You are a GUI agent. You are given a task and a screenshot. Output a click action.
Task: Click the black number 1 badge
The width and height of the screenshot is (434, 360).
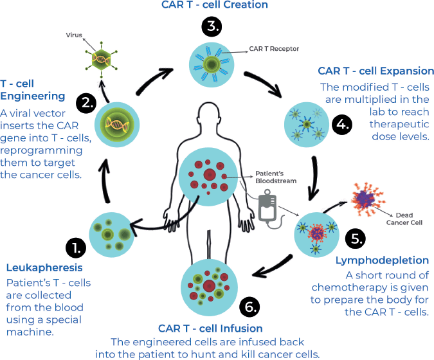[x=75, y=248]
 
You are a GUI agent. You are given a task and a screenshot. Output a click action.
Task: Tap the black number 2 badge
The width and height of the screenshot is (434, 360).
[x=85, y=103]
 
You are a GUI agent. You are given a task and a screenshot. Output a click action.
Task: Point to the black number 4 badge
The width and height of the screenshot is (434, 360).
[x=343, y=124]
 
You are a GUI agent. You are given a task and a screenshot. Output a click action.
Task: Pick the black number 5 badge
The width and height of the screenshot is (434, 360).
[x=356, y=239]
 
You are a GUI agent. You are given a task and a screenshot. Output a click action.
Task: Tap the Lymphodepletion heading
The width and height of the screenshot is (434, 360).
[x=382, y=260]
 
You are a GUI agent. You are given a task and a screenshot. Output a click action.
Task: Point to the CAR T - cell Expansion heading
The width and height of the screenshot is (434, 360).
[x=376, y=71]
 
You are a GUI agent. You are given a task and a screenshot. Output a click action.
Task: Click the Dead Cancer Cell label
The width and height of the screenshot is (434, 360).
[x=404, y=219]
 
